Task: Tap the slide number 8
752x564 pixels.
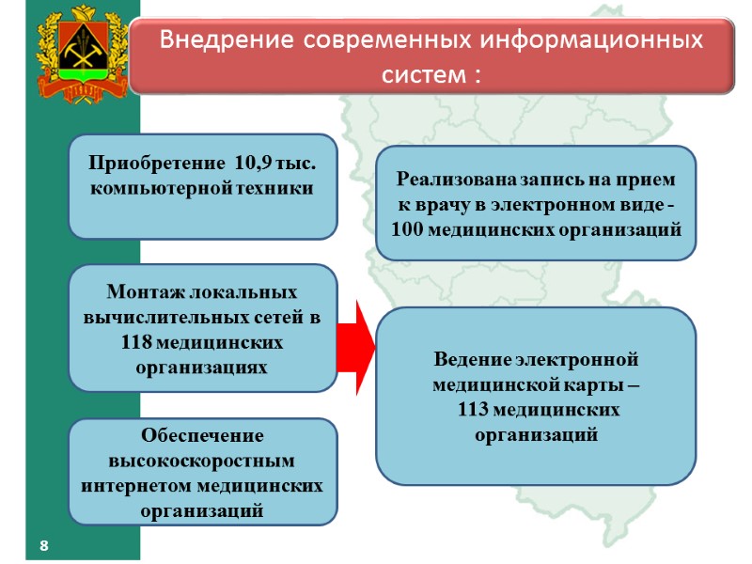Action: click(43, 546)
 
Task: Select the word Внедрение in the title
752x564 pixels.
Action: click(218, 42)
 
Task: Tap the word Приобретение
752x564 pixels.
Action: click(153, 164)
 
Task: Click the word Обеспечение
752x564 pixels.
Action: click(202, 436)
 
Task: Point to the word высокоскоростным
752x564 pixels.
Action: click(202, 461)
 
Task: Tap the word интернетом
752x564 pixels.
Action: click(140, 486)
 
